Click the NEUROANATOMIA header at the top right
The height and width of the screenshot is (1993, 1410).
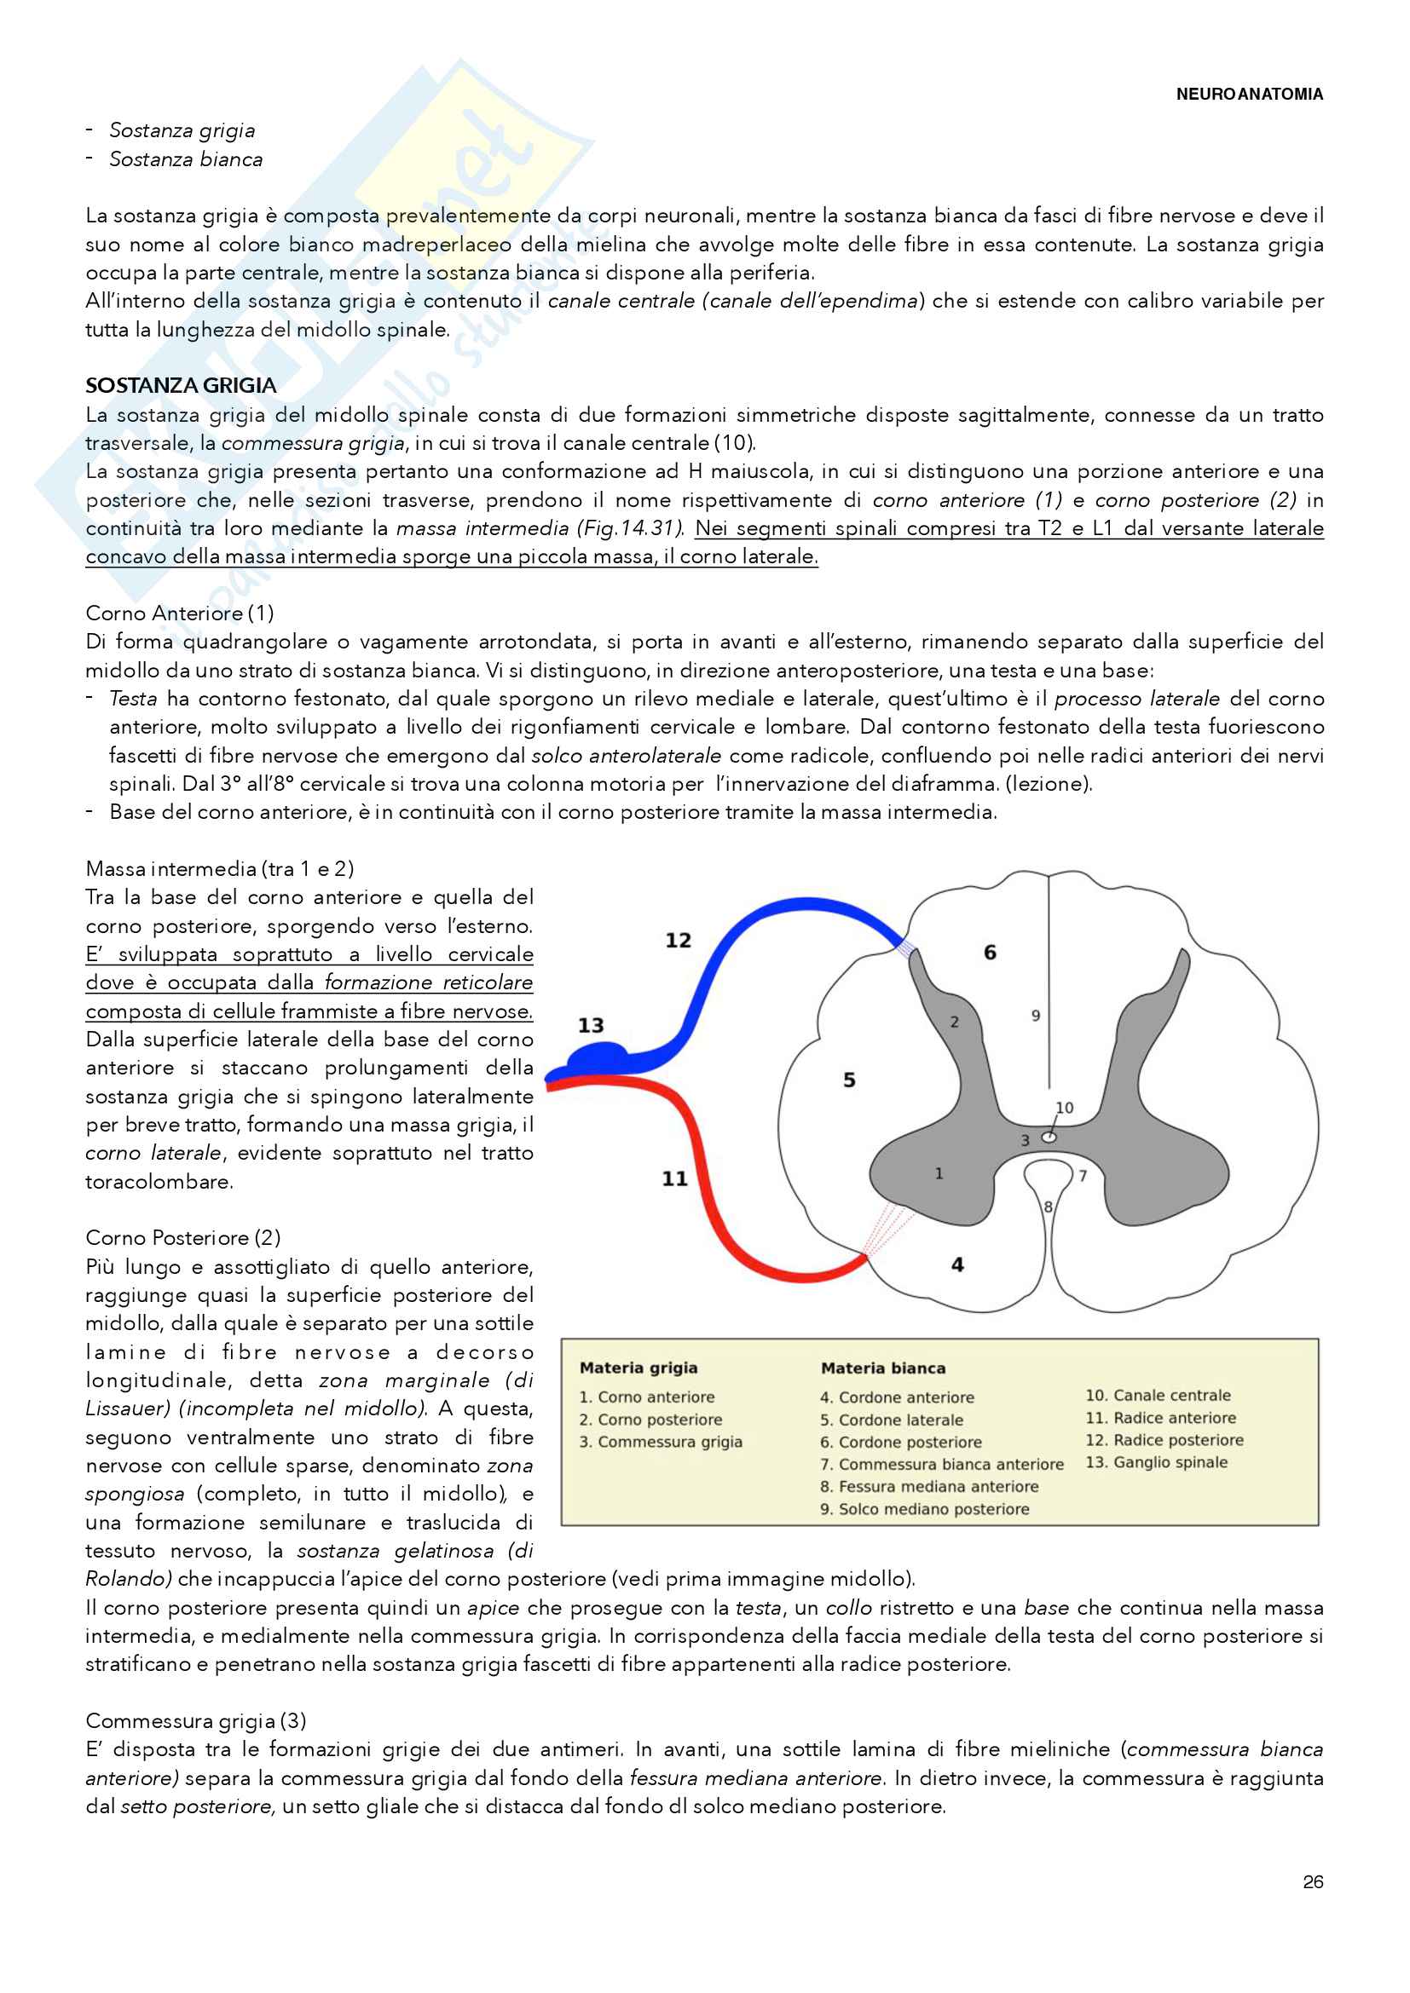tap(1249, 94)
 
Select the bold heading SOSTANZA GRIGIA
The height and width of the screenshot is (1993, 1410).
tap(181, 385)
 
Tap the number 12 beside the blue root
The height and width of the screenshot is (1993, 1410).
tap(678, 940)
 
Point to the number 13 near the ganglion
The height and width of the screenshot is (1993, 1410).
tap(591, 1025)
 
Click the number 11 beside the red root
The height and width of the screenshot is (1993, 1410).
tap(674, 1178)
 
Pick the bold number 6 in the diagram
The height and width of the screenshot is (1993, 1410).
tap(990, 953)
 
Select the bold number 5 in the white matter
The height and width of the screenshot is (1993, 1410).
tap(849, 1080)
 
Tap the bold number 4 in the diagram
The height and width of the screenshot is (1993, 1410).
tap(956, 1264)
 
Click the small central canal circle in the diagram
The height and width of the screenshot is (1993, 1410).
tap(1049, 1137)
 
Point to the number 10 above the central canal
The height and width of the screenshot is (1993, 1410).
tap(1065, 1108)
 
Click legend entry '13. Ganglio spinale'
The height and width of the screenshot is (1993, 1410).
tap(1157, 1462)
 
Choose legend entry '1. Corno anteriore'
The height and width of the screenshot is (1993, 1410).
tap(647, 1397)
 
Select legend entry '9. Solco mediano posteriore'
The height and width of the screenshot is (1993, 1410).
tap(925, 1509)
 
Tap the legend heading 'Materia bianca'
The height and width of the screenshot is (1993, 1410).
tap(883, 1368)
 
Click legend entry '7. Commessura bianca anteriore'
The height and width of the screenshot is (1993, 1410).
tap(942, 1465)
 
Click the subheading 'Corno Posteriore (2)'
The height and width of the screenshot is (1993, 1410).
tap(182, 1238)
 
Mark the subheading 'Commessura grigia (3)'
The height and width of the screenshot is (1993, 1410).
tap(195, 1720)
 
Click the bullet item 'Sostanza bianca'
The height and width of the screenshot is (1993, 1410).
tap(186, 159)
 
